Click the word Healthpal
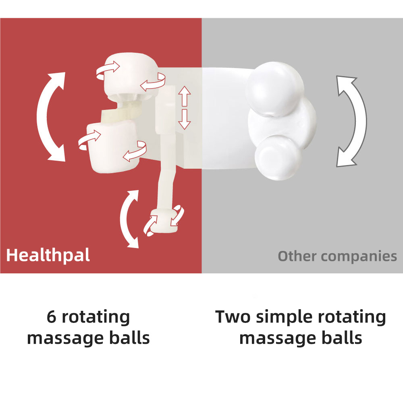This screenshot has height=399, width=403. (48, 255)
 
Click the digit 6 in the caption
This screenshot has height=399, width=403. (51, 317)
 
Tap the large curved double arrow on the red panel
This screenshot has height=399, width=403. (50, 116)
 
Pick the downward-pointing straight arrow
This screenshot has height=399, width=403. (184, 119)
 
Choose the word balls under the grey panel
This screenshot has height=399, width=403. (342, 338)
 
